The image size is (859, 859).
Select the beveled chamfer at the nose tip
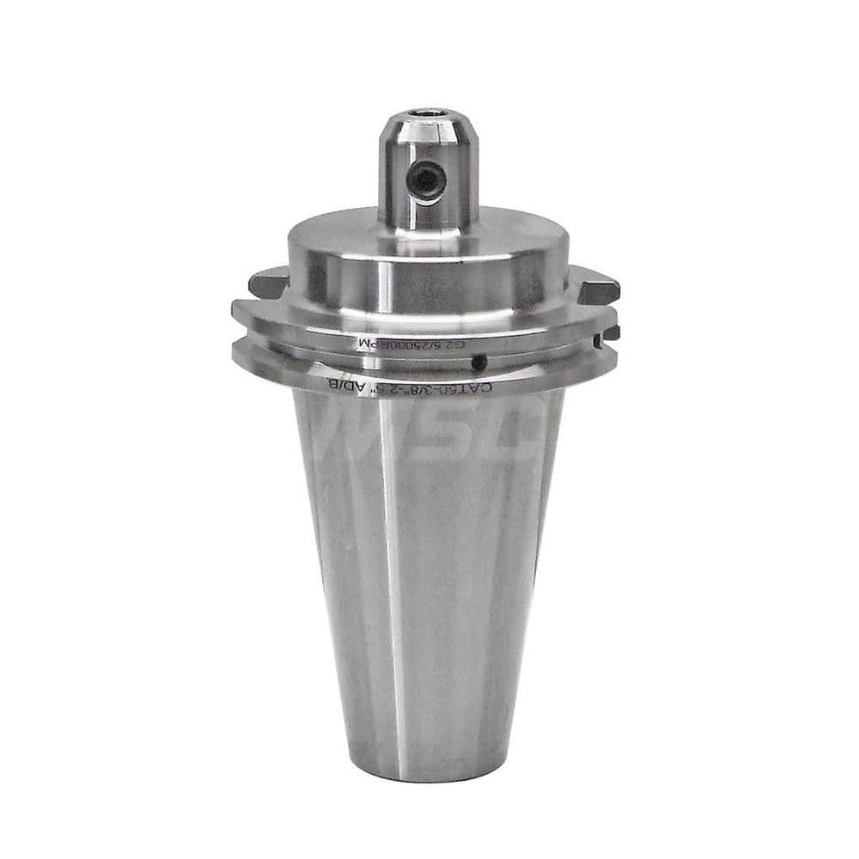tap(428, 124)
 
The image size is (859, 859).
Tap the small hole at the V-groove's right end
tap(598, 342)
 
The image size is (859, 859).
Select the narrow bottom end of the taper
tap(428, 769)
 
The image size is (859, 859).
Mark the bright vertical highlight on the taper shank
tap(391, 558)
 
